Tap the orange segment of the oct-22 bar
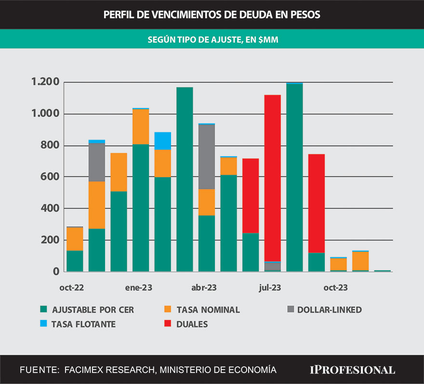75,239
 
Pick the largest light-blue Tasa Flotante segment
163,141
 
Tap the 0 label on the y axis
55,271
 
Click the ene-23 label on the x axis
139,288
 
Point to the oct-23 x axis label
335,288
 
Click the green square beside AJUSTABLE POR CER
44,309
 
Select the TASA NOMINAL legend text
208,309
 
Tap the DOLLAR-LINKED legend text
329,309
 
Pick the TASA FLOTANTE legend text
85,324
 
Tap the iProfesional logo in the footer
352,370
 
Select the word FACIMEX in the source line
83,370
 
